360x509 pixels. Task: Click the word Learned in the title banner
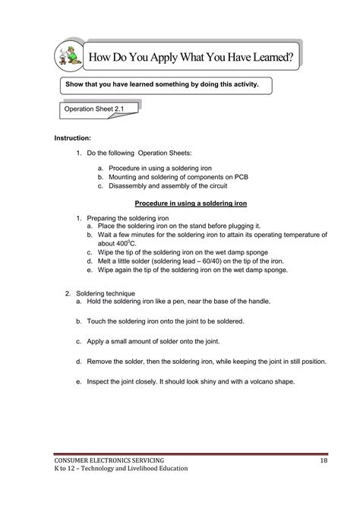coord(258,57)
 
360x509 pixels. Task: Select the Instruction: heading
coord(72,138)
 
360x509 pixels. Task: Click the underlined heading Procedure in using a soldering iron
coord(201,204)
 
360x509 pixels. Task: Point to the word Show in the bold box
coord(77,84)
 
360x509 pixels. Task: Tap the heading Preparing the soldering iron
coord(124,217)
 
